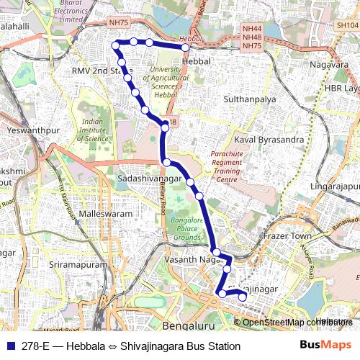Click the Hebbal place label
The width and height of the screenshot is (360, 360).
click(x=197, y=61)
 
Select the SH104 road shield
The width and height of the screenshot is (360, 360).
click(x=345, y=24)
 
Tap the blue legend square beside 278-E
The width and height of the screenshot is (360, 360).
click(x=12, y=346)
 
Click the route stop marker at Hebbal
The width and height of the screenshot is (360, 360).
click(x=185, y=48)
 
